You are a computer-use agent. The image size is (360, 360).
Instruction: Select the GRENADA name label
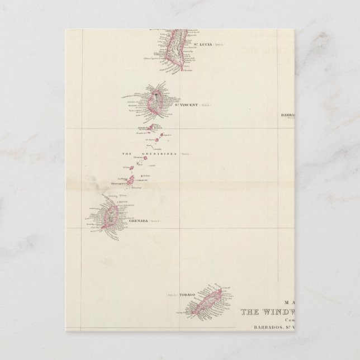[x=138, y=221]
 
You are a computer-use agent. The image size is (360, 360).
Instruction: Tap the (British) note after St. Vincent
[x=207, y=105]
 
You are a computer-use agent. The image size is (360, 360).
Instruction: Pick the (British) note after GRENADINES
[x=186, y=153]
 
